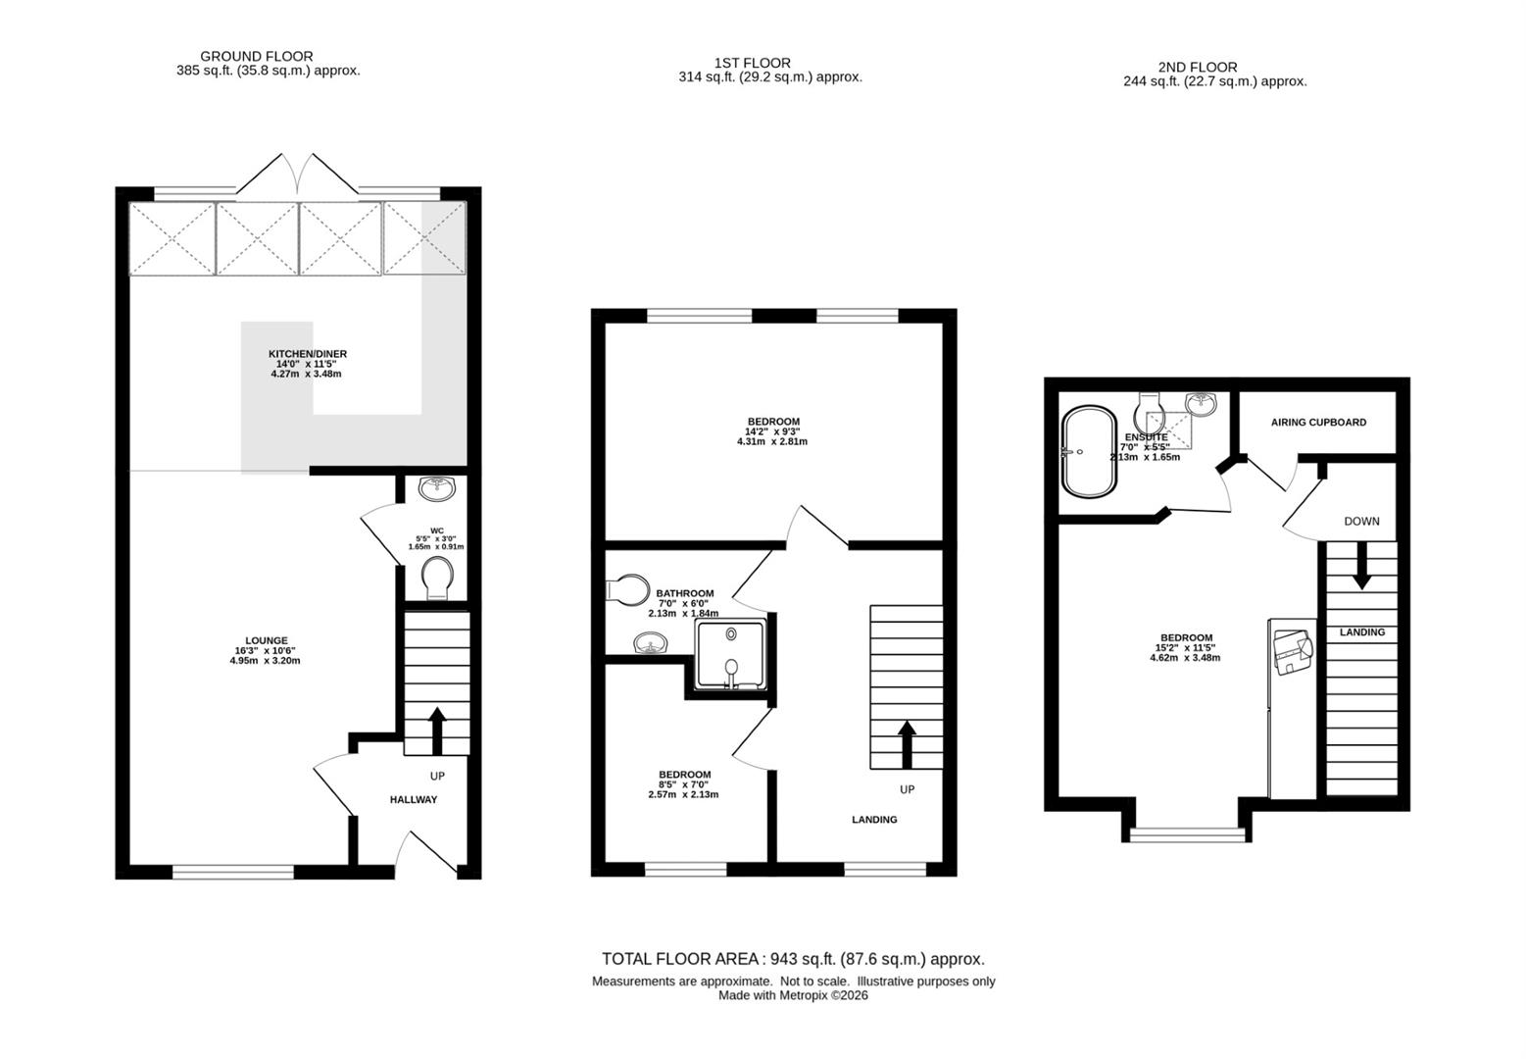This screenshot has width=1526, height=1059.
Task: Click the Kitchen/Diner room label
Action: pos(307,354)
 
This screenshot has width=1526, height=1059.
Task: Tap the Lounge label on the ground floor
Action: pos(267,640)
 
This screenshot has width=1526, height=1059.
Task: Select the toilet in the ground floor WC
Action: pos(437,578)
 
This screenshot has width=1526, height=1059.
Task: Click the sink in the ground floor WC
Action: pos(437,488)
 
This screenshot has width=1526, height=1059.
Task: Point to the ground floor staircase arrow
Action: pos(437,731)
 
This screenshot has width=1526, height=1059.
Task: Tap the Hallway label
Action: pos(414,799)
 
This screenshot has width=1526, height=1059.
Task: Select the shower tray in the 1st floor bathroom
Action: pos(731,654)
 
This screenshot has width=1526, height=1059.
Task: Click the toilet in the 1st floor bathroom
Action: pos(627,589)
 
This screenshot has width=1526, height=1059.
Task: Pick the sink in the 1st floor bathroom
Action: pos(651,642)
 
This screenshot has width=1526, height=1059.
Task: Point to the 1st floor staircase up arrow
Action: pos(906,745)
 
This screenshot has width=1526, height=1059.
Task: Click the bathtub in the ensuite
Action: pos(1089,452)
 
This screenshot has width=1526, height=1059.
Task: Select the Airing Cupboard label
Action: pos(1318,423)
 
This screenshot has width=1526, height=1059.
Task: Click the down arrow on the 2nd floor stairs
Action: pos(1361,566)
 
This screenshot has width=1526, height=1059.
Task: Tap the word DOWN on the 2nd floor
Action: pos(1361,522)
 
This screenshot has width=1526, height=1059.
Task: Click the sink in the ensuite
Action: pos(1201,403)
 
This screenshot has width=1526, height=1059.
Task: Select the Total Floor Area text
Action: pos(793,960)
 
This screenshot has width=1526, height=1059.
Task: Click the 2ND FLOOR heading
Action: pos(1197,68)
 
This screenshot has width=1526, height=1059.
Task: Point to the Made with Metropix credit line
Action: pos(793,995)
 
